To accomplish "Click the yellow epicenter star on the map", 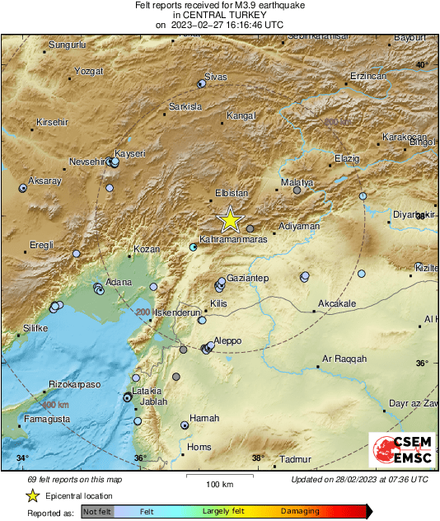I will click(x=231, y=220).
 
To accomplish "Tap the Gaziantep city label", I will click(x=248, y=279).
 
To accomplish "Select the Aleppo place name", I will click(x=227, y=340).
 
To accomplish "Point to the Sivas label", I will click(x=215, y=77).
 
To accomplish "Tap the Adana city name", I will click(x=119, y=282).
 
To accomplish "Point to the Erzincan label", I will click(x=368, y=76).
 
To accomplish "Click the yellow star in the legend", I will click(x=32, y=495).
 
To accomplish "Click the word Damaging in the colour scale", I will click(x=300, y=512).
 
